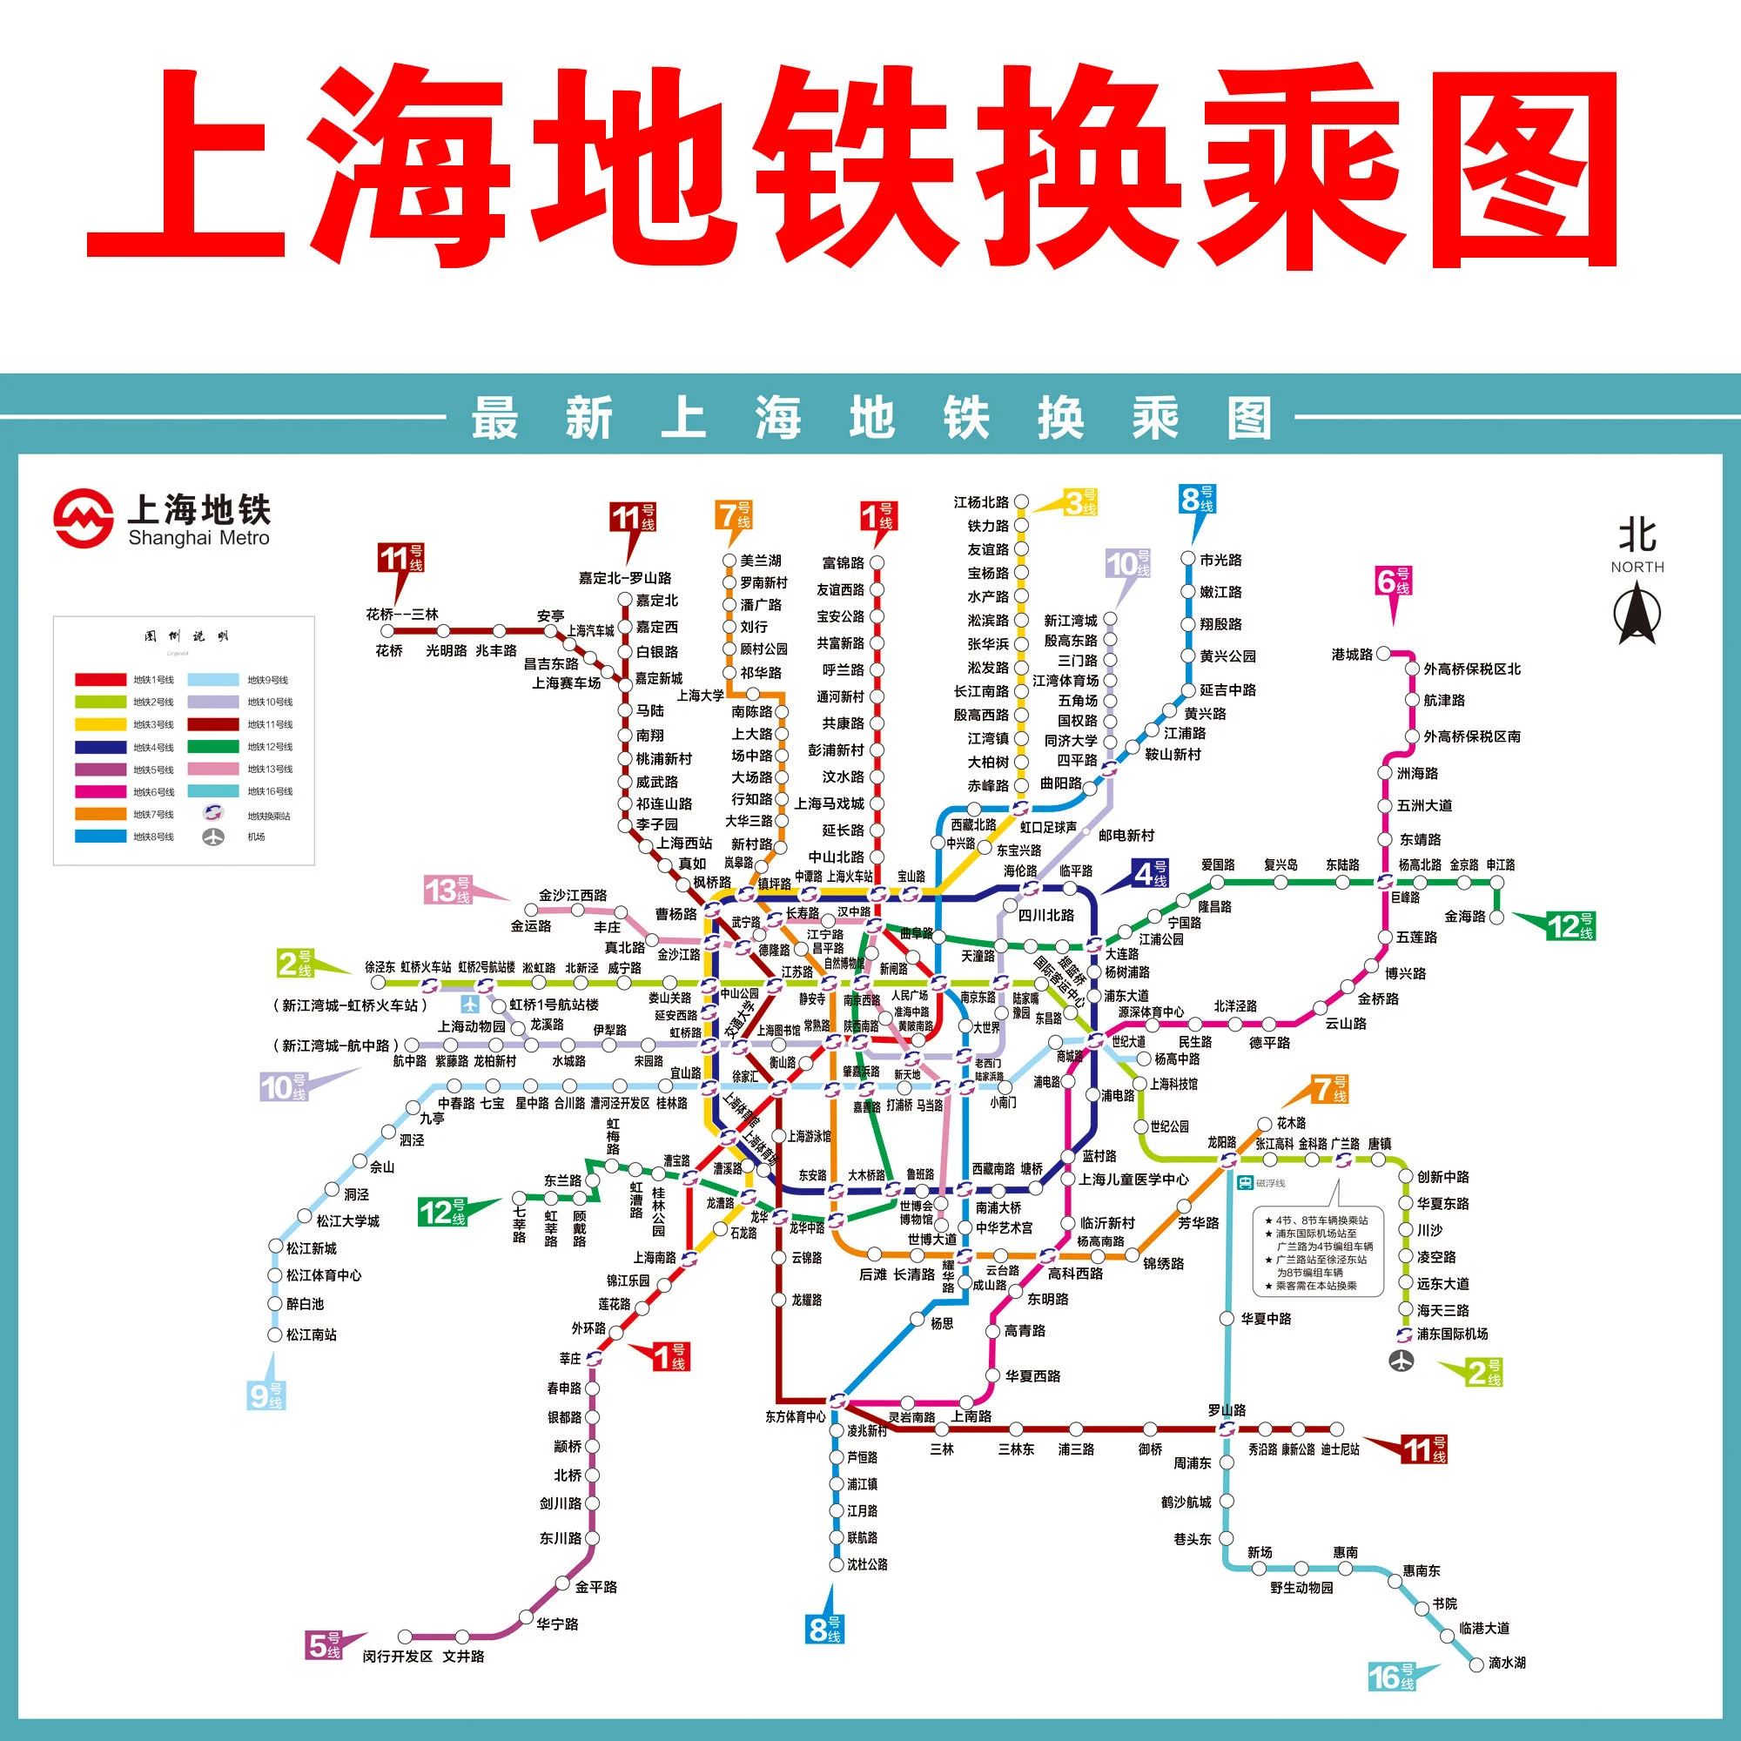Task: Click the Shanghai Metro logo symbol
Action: tap(83, 518)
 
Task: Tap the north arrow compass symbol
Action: tap(1637, 614)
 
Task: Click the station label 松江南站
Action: tap(311, 1334)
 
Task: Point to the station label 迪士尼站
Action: tap(1340, 1449)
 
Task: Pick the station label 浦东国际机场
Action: tap(1452, 1334)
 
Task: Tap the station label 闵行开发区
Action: tap(398, 1657)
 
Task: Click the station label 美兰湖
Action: tap(761, 561)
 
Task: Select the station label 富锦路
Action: tap(843, 563)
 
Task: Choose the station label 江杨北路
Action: tap(981, 502)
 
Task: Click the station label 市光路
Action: tap(1220, 560)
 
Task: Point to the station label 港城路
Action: tap(1352, 655)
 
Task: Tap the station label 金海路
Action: tap(1464, 917)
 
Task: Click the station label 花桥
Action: tap(388, 650)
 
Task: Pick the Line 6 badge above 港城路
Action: tap(1392, 581)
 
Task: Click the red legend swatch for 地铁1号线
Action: tap(100, 680)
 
